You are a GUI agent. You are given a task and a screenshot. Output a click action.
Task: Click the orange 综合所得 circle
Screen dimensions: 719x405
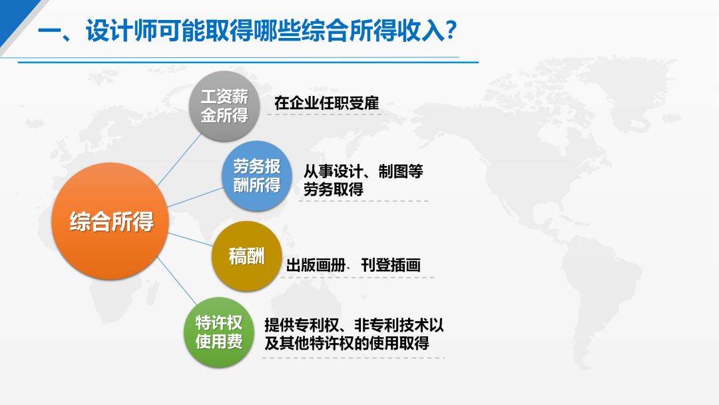tap(110, 221)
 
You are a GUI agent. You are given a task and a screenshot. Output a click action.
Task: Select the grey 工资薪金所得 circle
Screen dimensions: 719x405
tap(224, 106)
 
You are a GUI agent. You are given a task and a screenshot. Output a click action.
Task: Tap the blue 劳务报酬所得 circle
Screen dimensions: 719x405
tap(257, 176)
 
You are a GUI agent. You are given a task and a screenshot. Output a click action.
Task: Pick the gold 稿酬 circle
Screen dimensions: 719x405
tap(247, 256)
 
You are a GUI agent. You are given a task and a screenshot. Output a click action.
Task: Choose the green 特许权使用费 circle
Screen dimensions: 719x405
tap(219, 332)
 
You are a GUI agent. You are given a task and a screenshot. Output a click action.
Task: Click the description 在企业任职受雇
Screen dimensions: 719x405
tap(326, 103)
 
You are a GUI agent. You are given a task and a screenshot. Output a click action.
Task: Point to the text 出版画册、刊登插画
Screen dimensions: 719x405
tap(353, 264)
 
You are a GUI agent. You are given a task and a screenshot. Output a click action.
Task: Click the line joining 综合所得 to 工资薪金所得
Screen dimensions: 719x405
tap(179, 160)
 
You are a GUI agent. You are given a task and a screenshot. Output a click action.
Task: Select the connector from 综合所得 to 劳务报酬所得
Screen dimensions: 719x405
tap(195, 197)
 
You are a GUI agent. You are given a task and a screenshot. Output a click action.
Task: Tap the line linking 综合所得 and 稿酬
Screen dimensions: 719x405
tap(190, 239)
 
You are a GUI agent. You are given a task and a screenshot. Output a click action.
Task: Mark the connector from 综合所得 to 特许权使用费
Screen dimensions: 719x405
tap(176, 280)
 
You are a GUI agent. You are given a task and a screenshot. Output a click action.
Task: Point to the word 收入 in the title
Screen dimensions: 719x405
tap(421, 31)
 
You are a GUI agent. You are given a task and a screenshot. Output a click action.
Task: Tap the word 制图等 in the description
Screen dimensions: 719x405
tap(400, 172)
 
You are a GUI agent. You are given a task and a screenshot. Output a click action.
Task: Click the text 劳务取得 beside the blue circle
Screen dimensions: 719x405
tap(334, 189)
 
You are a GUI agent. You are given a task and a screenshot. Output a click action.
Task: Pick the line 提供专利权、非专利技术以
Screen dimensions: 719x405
tap(354, 325)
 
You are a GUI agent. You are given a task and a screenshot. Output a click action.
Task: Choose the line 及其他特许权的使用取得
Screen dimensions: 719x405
tap(347, 343)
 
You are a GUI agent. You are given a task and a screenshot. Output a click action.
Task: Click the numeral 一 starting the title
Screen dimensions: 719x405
tap(49, 32)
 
